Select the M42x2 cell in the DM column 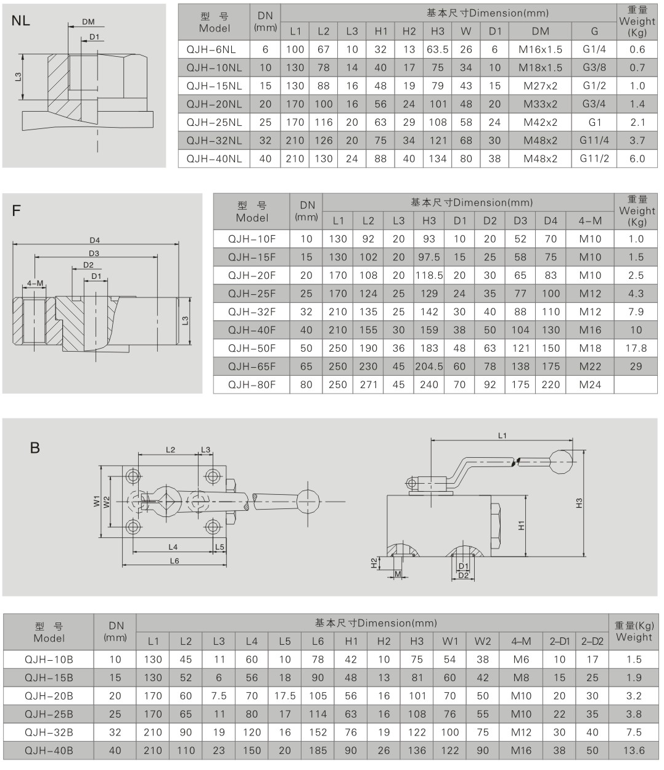pyautogui.click(x=540, y=122)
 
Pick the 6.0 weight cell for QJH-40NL pyautogui.click(x=637, y=159)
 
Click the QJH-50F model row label pyautogui.click(x=252, y=348)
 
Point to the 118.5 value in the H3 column pyautogui.click(x=429, y=275)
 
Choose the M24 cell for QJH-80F pyautogui.click(x=590, y=384)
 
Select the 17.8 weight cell pyautogui.click(x=636, y=348)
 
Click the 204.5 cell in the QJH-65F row pyautogui.click(x=429, y=366)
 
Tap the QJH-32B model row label pyautogui.click(x=49, y=732)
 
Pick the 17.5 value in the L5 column pyautogui.click(x=284, y=696)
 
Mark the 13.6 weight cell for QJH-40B pyautogui.click(x=634, y=750)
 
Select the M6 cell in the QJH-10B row pyautogui.click(x=521, y=660)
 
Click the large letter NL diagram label pyautogui.click(x=21, y=21)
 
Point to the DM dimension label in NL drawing pyautogui.click(x=88, y=22)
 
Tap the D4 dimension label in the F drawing pyautogui.click(x=94, y=240)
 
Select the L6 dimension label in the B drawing pyautogui.click(x=174, y=561)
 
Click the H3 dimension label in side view pyautogui.click(x=579, y=503)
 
